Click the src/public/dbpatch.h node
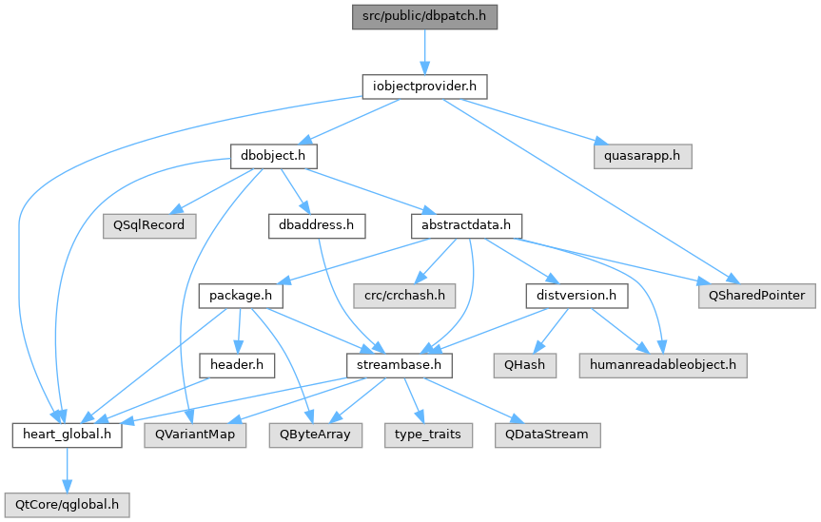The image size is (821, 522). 424,17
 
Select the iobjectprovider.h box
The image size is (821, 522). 424,87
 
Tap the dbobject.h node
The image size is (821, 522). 274,156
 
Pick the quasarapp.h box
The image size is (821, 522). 642,156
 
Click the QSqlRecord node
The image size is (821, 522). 149,225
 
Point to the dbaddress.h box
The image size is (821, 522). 317,225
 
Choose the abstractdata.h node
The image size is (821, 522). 466,225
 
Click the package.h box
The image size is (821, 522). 241,296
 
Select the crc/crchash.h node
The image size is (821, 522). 404,296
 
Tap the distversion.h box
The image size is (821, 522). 577,296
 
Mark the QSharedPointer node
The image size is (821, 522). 756,296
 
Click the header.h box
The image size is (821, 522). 237,365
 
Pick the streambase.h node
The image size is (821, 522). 399,365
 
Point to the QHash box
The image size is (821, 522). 524,365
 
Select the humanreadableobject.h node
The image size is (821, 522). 663,365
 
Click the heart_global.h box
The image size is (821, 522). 68,435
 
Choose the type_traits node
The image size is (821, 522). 428,435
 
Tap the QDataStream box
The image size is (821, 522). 548,435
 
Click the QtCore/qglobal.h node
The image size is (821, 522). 67,505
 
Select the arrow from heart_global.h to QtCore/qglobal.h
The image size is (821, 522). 67,470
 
